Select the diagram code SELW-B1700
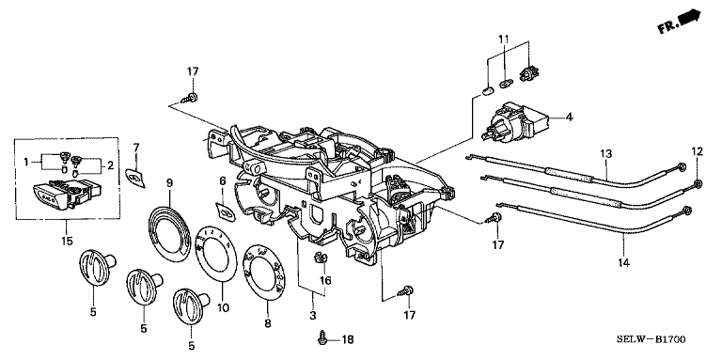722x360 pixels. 651,340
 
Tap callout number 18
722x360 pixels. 348,340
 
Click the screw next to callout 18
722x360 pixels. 322,339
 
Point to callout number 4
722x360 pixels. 569,117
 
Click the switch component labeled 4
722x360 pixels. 515,120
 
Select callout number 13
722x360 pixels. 606,153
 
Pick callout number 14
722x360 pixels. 623,263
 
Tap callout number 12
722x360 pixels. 698,150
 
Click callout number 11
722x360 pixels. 504,39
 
